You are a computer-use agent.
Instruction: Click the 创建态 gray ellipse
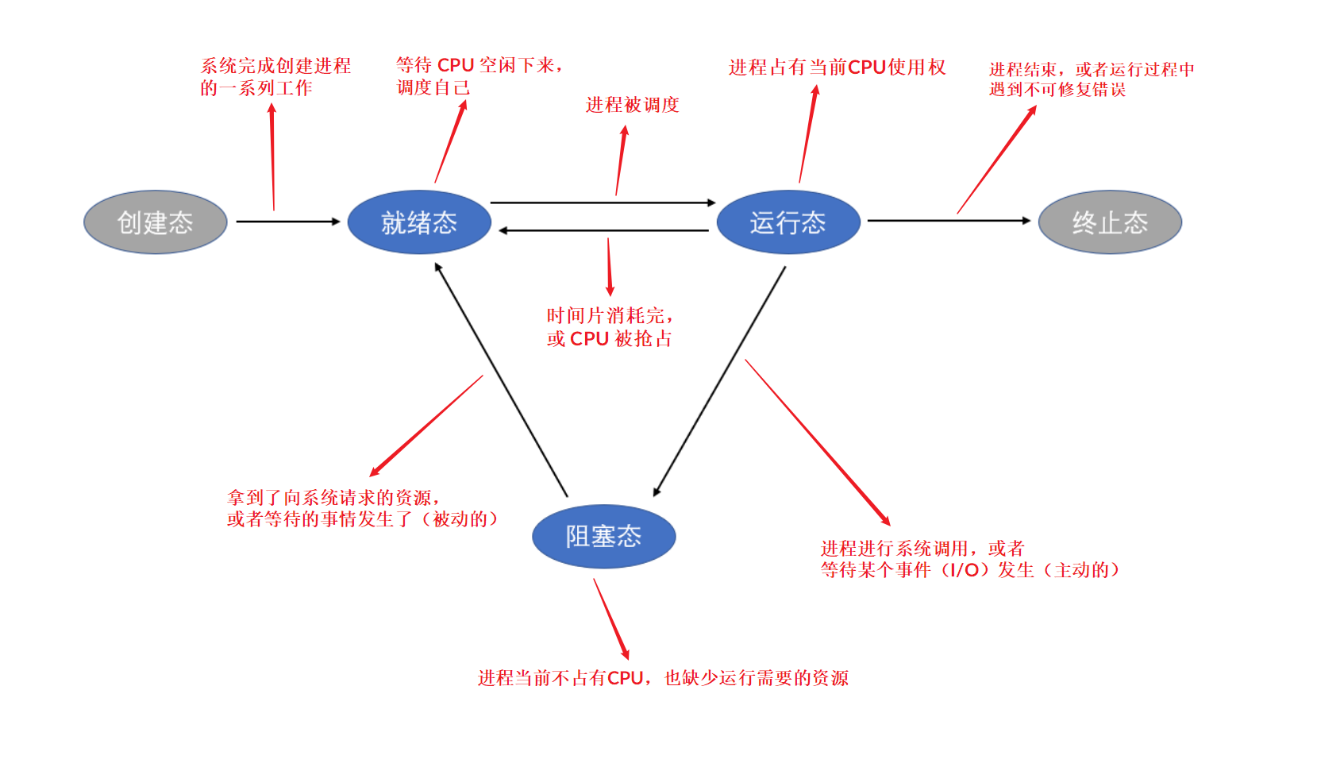tap(156, 222)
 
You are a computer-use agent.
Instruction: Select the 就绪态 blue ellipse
tap(419, 222)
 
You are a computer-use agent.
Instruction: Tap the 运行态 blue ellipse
tap(788, 222)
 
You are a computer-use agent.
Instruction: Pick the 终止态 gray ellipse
tap(1110, 222)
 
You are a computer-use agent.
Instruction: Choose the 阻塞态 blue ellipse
tap(603, 537)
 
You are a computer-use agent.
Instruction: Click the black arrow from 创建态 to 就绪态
tap(287, 222)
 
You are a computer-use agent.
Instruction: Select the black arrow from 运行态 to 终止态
tap(949, 221)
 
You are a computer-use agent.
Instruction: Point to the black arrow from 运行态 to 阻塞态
tap(719, 381)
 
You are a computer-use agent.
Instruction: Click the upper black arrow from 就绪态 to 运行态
tap(603, 202)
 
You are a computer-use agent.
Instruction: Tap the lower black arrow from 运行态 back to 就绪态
tap(603, 230)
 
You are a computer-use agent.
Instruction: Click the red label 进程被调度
tap(633, 105)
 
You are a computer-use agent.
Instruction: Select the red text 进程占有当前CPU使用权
tap(837, 67)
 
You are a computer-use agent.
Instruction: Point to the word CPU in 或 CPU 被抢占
tap(589, 339)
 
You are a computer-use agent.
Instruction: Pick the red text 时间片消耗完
tap(606, 316)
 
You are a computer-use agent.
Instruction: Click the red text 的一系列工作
tap(256, 88)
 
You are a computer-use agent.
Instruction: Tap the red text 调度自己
tap(433, 87)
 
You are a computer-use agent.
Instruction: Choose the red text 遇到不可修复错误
tap(1057, 90)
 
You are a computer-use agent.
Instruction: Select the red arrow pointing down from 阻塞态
tap(611, 619)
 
